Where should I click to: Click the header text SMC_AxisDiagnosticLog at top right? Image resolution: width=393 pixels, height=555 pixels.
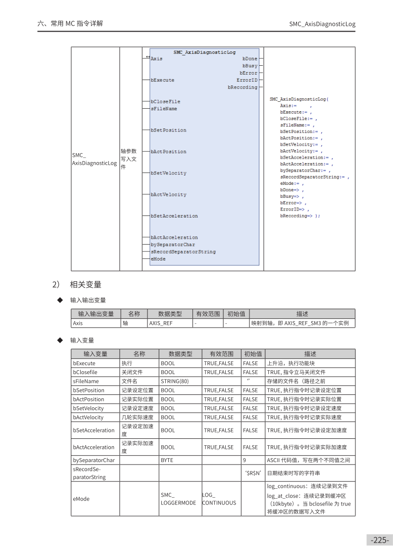(x=322, y=24)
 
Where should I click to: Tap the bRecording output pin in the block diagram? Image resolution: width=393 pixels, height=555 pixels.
(x=243, y=87)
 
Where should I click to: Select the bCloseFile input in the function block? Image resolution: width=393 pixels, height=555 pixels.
(x=165, y=102)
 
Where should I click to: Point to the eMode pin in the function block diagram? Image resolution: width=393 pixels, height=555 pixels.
(x=158, y=259)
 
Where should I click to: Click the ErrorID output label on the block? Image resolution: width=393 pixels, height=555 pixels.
(x=247, y=80)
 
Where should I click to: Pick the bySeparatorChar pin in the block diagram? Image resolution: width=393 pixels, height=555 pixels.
(x=173, y=245)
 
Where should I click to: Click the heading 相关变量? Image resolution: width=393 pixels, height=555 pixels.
(x=86, y=284)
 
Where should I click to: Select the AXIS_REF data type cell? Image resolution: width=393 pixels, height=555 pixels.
(x=160, y=323)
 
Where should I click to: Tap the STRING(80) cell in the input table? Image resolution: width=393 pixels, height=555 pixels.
(x=175, y=381)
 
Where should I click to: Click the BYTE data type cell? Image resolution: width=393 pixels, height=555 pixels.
(x=167, y=460)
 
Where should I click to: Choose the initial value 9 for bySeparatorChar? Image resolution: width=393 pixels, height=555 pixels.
(x=245, y=460)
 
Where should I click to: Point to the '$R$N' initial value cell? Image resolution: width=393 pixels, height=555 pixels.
(x=253, y=473)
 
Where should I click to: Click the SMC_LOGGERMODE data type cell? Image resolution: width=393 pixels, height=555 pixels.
(x=178, y=499)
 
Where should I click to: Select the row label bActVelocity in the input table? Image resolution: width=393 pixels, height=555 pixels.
(x=88, y=417)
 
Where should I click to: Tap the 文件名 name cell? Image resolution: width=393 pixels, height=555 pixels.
(x=130, y=381)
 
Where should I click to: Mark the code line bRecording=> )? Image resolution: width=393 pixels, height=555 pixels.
(x=300, y=216)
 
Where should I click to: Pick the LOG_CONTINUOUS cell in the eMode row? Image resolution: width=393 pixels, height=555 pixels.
(x=219, y=499)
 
